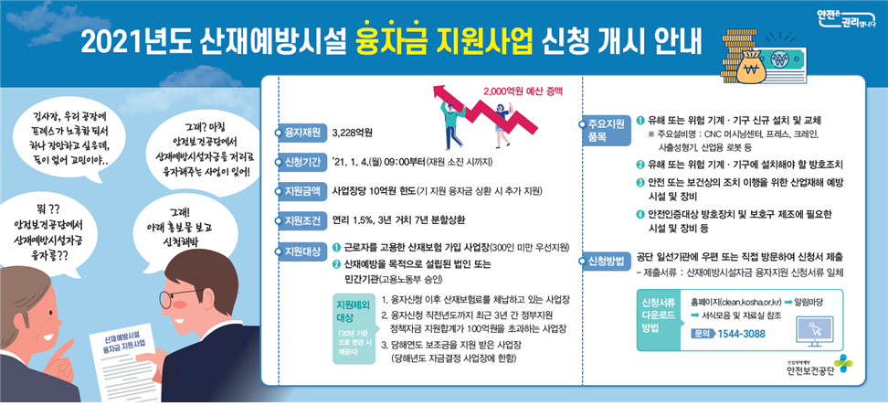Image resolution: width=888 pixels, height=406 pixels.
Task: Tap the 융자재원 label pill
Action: point(302,133)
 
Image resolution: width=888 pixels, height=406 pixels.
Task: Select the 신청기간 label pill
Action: point(302,162)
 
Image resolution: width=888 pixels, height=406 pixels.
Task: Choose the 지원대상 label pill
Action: point(302,250)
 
